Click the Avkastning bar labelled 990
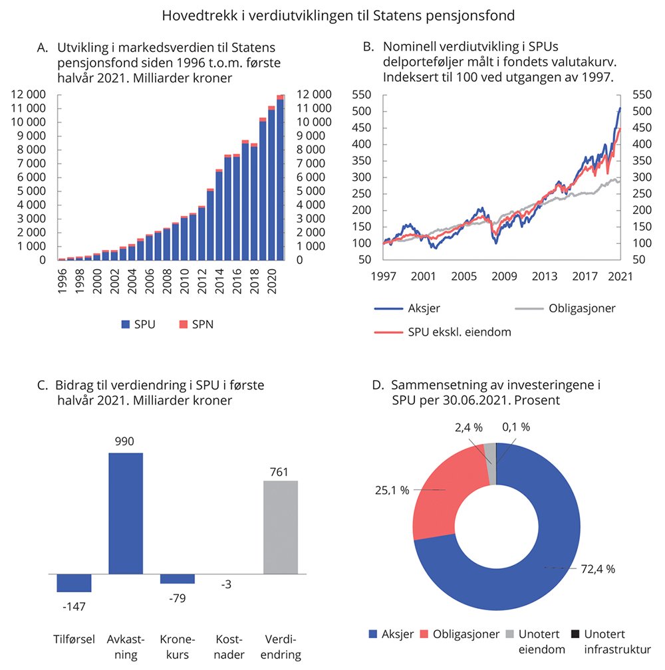point(126,512)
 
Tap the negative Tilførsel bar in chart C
point(74,582)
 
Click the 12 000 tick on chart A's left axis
point(28,94)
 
